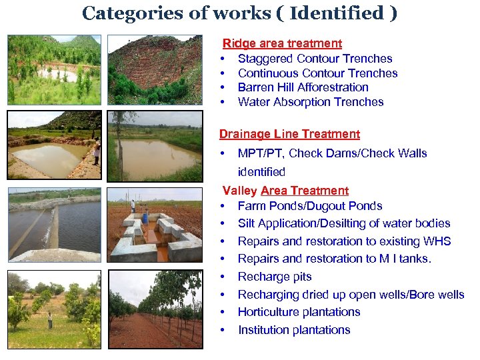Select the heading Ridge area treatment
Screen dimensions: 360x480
click(282, 43)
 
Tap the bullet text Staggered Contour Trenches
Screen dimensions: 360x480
click(315, 59)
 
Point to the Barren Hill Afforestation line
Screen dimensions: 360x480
click(303, 87)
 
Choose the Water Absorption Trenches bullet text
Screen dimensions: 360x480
click(311, 102)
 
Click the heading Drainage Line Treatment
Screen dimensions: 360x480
click(289, 134)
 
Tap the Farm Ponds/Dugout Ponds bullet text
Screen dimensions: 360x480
click(310, 206)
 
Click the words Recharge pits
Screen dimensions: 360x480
click(275, 277)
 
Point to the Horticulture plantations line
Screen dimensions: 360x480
click(299, 312)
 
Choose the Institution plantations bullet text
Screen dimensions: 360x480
click(294, 330)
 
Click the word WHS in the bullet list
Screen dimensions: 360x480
click(437, 241)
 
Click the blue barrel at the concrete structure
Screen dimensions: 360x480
click(145, 217)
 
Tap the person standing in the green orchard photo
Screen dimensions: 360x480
click(49, 319)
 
